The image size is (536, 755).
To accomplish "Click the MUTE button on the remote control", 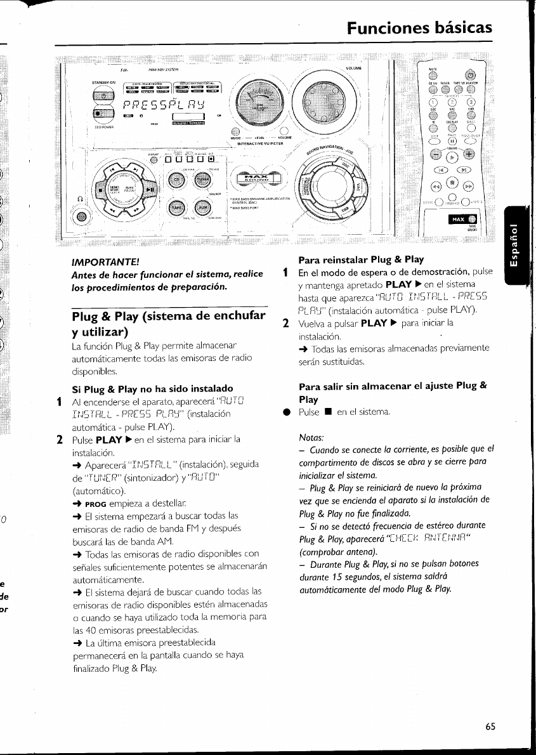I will (432, 77).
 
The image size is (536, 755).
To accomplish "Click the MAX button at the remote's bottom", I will (464, 220).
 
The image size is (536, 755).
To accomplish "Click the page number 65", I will (490, 726).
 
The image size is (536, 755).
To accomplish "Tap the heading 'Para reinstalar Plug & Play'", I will (362, 259).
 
